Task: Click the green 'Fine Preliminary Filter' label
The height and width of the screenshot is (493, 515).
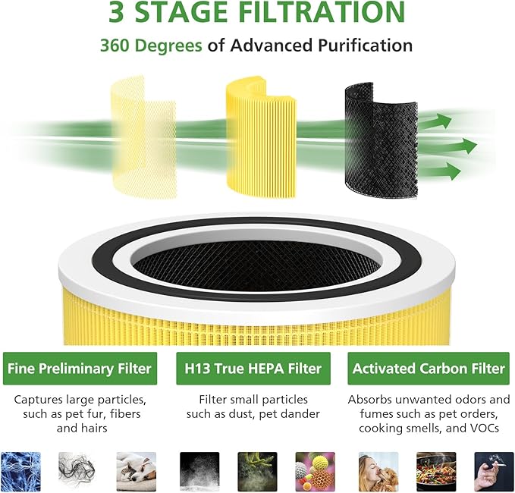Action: pyautogui.click(x=80, y=369)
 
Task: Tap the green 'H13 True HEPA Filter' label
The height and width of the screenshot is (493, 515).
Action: pyautogui.click(x=253, y=369)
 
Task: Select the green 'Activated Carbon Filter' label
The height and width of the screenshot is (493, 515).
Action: pyautogui.click(x=428, y=369)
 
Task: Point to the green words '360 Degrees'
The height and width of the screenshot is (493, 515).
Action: pyautogui.click(x=151, y=46)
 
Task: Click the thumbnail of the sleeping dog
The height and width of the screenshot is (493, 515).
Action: pyautogui.click(x=136, y=471)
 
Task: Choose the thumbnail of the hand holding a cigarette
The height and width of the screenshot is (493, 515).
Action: pyautogui.click(x=494, y=471)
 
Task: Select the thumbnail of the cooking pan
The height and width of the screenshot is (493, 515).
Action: pyautogui.click(x=436, y=471)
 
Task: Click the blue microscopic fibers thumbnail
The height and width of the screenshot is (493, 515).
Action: pyautogui.click(x=20, y=471)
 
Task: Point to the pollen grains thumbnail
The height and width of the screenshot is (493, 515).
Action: pyautogui.click(x=315, y=471)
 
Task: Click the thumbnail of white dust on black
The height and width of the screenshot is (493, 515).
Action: pyautogui.click(x=199, y=471)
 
